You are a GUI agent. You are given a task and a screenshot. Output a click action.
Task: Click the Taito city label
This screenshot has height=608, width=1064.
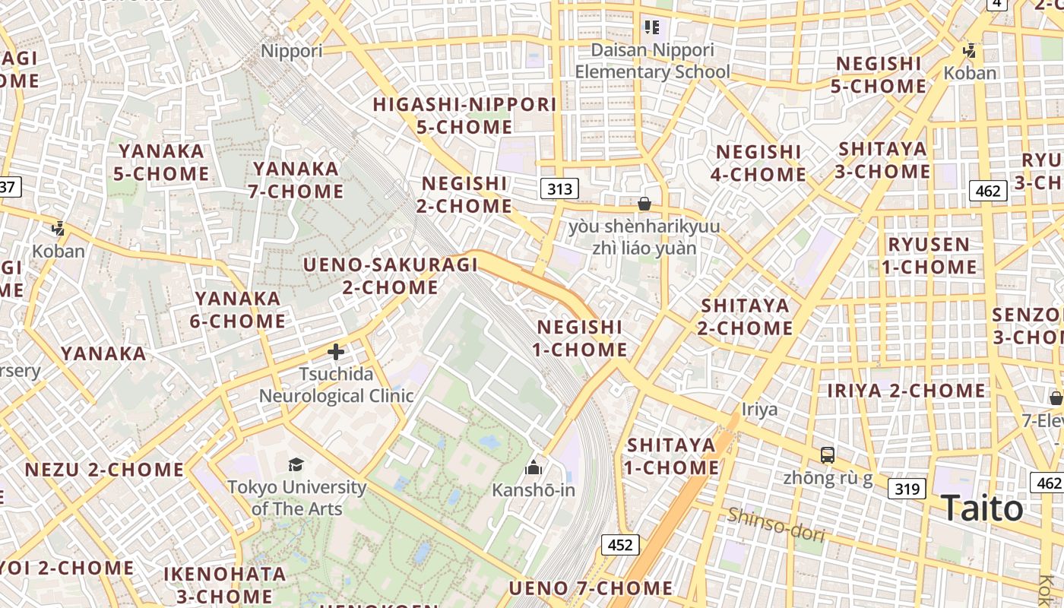pos(982,508)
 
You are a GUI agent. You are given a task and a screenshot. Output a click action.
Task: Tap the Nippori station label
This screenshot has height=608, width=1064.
pos(292,51)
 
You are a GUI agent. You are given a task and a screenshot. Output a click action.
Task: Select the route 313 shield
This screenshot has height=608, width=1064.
pos(559,188)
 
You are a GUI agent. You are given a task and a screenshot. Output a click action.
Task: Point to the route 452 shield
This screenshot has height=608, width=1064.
pos(620,544)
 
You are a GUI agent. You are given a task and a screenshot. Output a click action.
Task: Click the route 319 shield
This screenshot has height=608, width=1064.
pos(907,489)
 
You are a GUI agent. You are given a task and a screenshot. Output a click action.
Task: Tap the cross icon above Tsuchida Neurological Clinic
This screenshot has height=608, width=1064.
pos(336,352)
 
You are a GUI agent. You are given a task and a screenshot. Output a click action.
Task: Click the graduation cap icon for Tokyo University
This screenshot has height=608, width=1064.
pos(296,464)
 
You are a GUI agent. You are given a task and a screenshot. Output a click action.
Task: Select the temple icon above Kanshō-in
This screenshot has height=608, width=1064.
pos(534,467)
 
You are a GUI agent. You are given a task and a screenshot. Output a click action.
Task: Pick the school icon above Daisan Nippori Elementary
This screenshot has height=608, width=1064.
pos(651,28)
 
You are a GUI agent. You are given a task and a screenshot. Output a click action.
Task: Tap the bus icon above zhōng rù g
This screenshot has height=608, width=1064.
pos(828,455)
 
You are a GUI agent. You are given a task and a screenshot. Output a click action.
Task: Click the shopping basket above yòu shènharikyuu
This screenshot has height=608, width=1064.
pos(644,204)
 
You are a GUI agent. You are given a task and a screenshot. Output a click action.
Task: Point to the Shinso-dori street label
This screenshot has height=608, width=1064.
pos(775,524)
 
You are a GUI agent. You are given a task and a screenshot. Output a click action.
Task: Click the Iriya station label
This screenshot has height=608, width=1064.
pos(760,410)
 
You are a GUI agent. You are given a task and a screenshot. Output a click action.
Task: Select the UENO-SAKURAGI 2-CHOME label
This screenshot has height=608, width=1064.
pos(391,276)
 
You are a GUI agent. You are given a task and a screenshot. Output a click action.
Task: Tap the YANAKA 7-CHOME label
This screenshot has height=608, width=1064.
pos(296,179)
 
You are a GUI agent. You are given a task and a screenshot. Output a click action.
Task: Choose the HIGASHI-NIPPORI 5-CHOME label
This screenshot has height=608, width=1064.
pos(464,116)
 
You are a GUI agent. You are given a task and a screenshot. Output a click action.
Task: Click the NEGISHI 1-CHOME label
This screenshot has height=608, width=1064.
pos(580,338)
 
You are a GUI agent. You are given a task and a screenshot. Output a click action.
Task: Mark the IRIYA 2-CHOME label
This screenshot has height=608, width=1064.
pos(906,391)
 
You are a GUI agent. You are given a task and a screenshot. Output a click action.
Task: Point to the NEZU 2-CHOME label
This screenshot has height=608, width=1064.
pos(104,469)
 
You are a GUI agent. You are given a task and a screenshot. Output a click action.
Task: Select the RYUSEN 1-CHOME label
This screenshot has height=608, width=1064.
pos(929,255)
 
